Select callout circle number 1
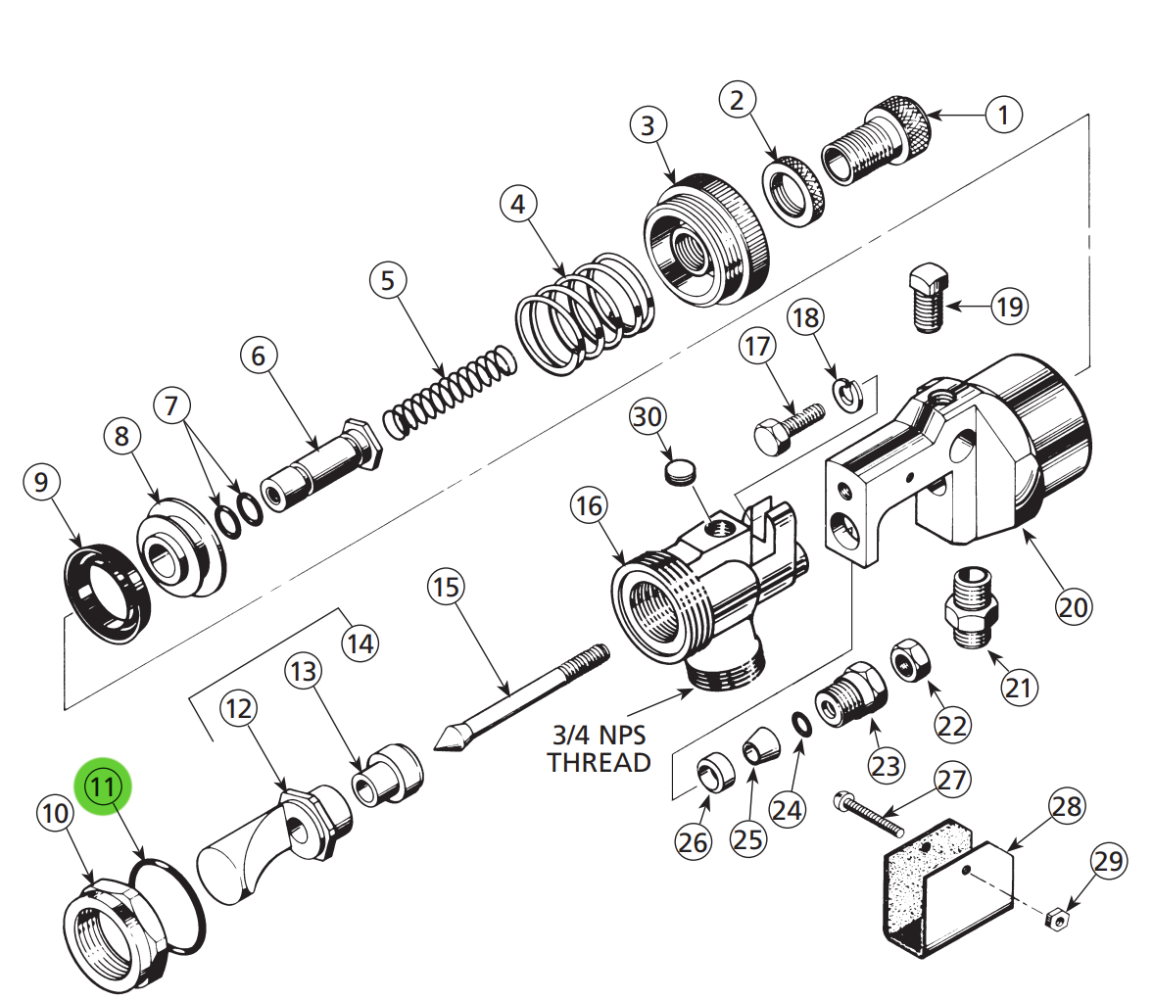[1002, 116]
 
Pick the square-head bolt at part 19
[927, 298]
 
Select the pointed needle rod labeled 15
[519, 696]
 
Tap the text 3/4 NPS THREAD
[599, 748]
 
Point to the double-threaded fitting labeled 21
[972, 607]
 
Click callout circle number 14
[360, 643]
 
